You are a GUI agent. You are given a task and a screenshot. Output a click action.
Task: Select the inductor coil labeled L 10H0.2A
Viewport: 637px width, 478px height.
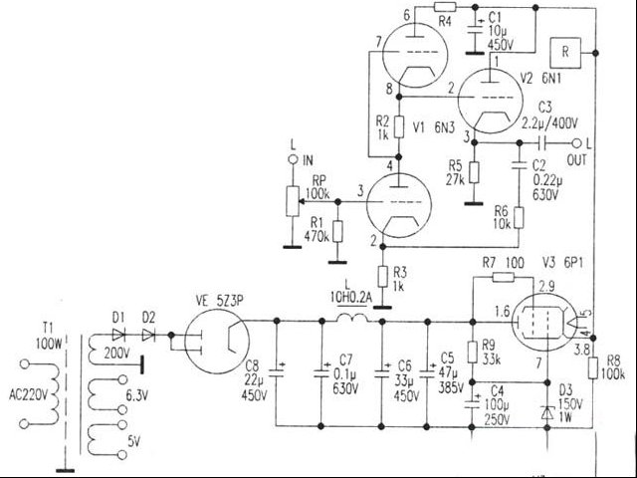click(349, 321)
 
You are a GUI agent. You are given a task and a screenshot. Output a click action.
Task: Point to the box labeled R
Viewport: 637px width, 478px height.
click(565, 51)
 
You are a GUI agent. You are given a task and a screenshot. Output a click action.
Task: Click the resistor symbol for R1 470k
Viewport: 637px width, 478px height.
click(338, 231)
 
